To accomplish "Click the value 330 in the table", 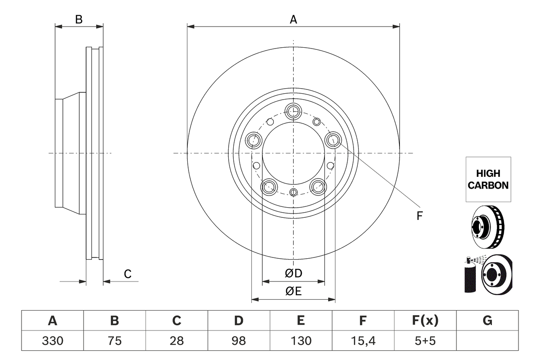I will [x=52, y=341].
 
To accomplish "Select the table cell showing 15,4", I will [x=362, y=341].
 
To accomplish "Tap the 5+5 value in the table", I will [x=425, y=341].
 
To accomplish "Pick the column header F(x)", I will [x=425, y=321].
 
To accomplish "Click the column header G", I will [x=487, y=321].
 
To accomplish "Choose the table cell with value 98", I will [x=239, y=341].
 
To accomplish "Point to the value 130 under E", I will [x=300, y=341].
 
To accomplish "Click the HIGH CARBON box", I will [x=488, y=179].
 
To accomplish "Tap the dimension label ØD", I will [x=294, y=273].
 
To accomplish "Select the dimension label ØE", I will [x=294, y=292].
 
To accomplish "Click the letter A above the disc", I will [x=293, y=19].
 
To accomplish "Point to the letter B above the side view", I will [x=79, y=19].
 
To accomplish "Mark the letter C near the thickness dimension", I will [x=127, y=274].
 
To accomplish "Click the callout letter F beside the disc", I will [x=419, y=216].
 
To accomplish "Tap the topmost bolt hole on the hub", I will [x=293, y=111].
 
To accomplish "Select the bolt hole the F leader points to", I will [x=333, y=140].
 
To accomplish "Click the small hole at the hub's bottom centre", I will [x=294, y=193].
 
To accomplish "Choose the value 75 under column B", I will [x=114, y=341].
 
